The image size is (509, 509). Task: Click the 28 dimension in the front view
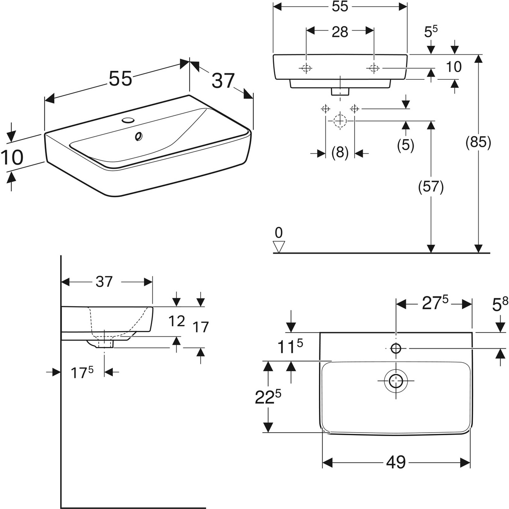[x=340, y=32]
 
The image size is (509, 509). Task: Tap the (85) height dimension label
[x=478, y=143]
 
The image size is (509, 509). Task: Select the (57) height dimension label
[x=431, y=187]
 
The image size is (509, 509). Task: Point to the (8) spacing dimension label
[x=340, y=153]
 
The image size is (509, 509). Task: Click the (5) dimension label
[x=406, y=145]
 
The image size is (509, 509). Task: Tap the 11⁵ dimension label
[x=290, y=347]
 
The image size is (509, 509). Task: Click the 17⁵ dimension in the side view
[x=82, y=372]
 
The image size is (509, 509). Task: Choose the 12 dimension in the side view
[x=177, y=322]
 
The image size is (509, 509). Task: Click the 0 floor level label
[x=279, y=233]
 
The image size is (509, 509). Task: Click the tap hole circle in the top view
[x=396, y=348]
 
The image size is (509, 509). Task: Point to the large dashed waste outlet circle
[x=340, y=121]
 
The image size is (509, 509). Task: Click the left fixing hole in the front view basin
[x=306, y=68]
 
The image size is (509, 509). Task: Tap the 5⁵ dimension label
[x=431, y=32]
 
